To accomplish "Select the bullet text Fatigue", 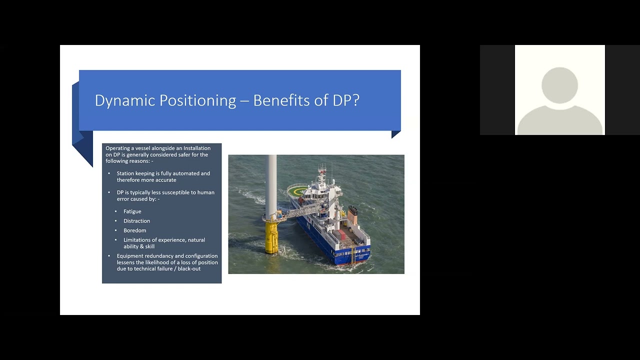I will (132, 211).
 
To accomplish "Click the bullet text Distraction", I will (136, 221).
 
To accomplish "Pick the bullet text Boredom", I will (135, 230).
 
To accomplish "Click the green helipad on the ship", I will (298, 190).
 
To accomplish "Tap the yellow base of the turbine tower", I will (271, 237).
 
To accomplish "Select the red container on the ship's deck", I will (340, 235).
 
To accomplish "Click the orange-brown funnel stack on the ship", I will (353, 215).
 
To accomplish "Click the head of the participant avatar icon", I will (559, 85).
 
